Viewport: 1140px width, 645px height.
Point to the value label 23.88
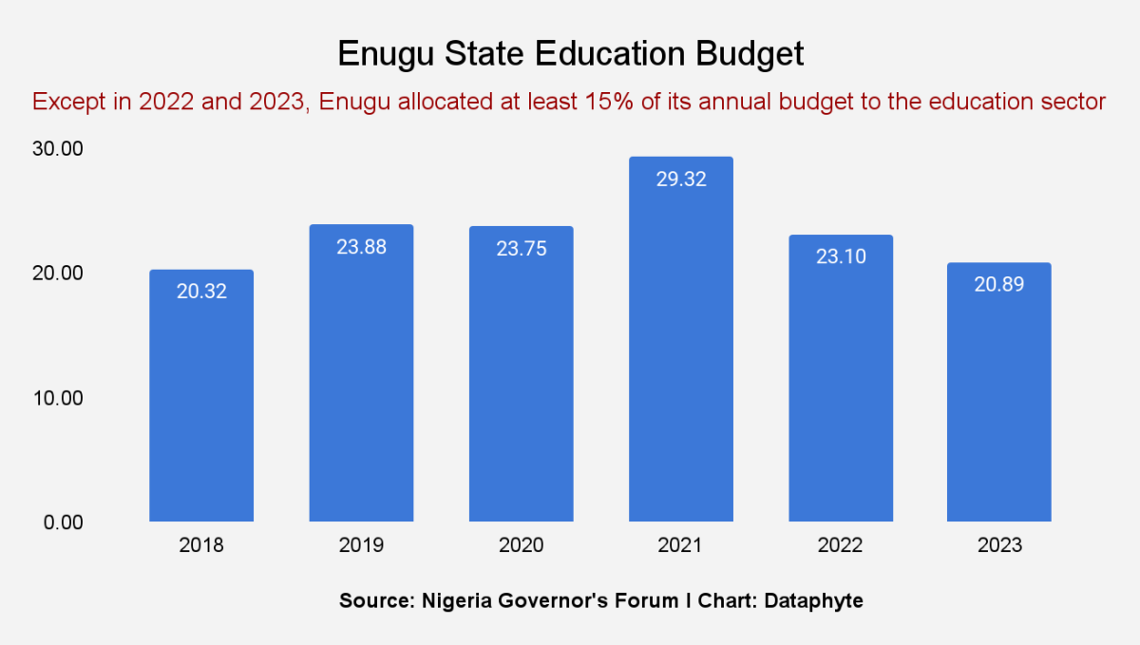(361, 247)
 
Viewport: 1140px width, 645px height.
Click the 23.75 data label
(521, 249)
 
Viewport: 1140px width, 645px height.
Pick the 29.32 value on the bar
(681, 179)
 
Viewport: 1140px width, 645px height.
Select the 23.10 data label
(841, 256)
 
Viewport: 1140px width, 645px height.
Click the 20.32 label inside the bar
(201, 292)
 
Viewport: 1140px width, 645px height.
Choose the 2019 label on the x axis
(361, 546)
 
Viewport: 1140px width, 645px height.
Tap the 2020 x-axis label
(521, 546)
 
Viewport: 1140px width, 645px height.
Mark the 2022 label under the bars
(841, 546)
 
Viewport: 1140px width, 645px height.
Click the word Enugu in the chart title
(383, 54)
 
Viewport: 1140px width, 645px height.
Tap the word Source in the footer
(374, 601)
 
